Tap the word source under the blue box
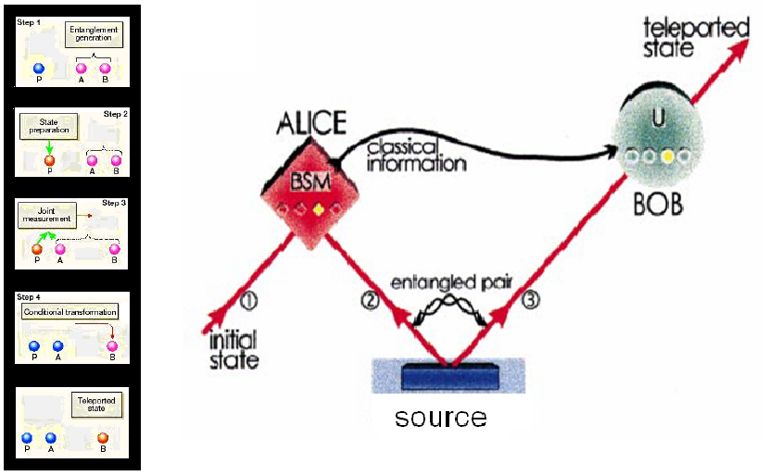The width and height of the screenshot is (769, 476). (x=440, y=418)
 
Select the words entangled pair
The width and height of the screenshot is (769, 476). (x=448, y=282)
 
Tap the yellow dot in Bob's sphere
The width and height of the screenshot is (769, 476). (x=666, y=159)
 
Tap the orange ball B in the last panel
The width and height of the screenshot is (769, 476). (x=103, y=438)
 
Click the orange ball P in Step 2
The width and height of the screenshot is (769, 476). (x=50, y=160)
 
